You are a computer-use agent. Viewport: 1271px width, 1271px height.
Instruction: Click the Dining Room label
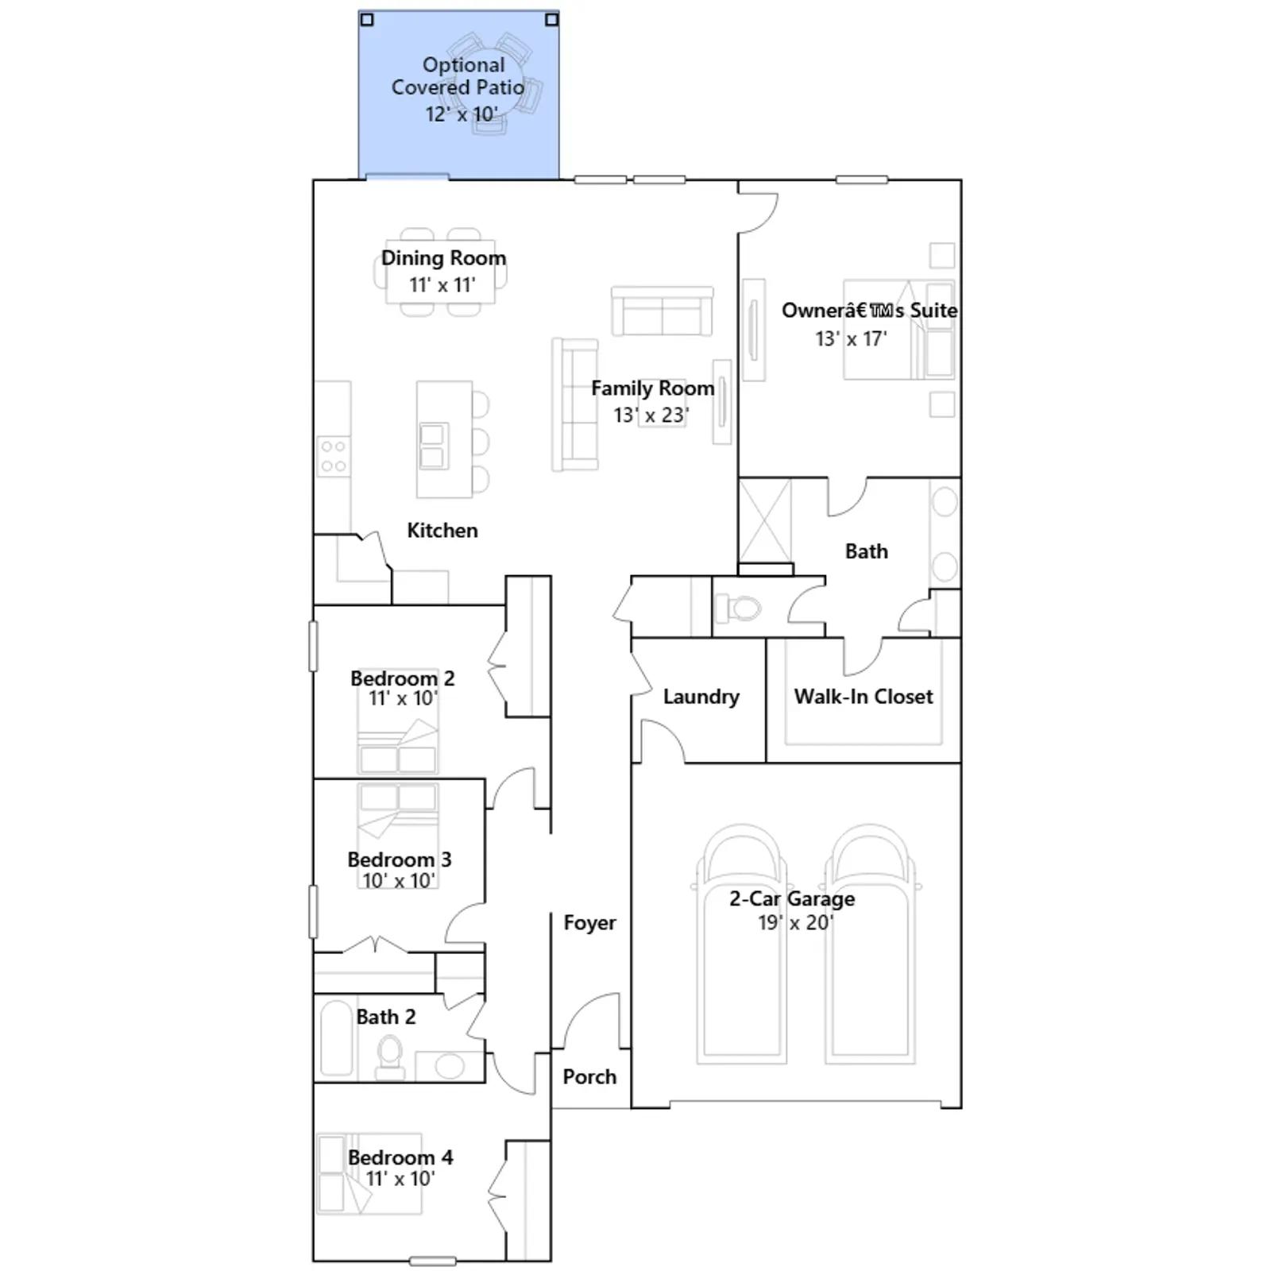(443, 258)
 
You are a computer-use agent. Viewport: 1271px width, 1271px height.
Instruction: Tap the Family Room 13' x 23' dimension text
(651, 415)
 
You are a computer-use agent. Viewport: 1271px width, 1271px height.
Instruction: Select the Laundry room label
(701, 697)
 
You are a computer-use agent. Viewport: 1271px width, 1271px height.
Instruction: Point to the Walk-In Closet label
(863, 697)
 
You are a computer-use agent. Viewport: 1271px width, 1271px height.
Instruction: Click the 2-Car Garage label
(792, 898)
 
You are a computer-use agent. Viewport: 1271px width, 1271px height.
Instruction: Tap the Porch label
(589, 1076)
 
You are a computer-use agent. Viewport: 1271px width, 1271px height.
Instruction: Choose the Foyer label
(589, 922)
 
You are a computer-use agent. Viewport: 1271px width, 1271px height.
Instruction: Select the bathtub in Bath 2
(336, 1037)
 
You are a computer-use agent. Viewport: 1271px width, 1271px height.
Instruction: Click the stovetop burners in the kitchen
(334, 457)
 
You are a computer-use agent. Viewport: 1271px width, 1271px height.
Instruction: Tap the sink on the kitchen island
(432, 446)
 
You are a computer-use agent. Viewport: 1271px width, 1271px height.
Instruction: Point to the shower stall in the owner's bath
(765, 520)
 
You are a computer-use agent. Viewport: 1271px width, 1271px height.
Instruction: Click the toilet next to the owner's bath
(738, 608)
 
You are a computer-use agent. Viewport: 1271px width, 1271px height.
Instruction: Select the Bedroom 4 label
(400, 1157)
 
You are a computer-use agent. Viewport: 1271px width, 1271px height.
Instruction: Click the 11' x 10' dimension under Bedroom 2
(403, 698)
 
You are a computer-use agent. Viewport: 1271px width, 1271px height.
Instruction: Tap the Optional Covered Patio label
(458, 76)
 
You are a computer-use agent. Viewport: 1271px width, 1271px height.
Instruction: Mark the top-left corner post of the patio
(367, 19)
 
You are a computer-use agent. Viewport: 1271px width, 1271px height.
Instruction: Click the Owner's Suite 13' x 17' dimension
(851, 339)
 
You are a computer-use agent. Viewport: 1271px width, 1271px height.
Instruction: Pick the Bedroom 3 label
(399, 860)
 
